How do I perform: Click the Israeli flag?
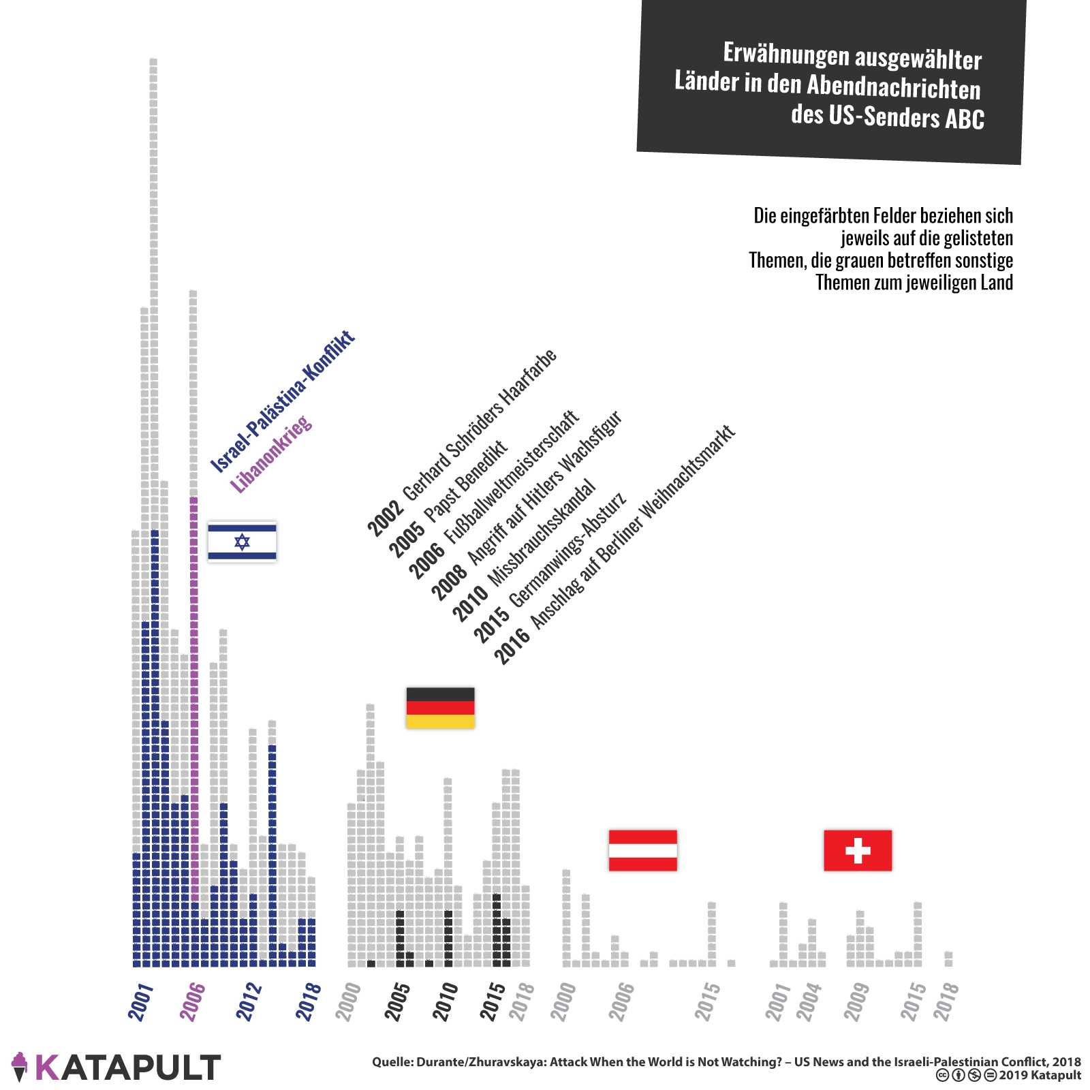click(x=242, y=542)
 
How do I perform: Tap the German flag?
click(x=440, y=708)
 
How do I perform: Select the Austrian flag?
click(x=642, y=850)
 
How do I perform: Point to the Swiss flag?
click(x=858, y=850)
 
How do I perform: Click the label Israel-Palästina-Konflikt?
click(x=283, y=402)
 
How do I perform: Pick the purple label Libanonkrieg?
click(x=271, y=454)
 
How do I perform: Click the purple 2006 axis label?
click(x=192, y=1001)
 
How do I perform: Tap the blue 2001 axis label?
click(x=140, y=1001)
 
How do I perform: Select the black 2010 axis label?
click(x=446, y=1001)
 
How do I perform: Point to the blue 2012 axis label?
click(x=249, y=1001)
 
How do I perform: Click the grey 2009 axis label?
click(x=857, y=1001)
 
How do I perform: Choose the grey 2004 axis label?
click(x=809, y=1001)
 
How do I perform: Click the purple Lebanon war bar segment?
click(x=193, y=695)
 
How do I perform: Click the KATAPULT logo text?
click(x=127, y=1068)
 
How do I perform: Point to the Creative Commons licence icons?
click(x=967, y=1076)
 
